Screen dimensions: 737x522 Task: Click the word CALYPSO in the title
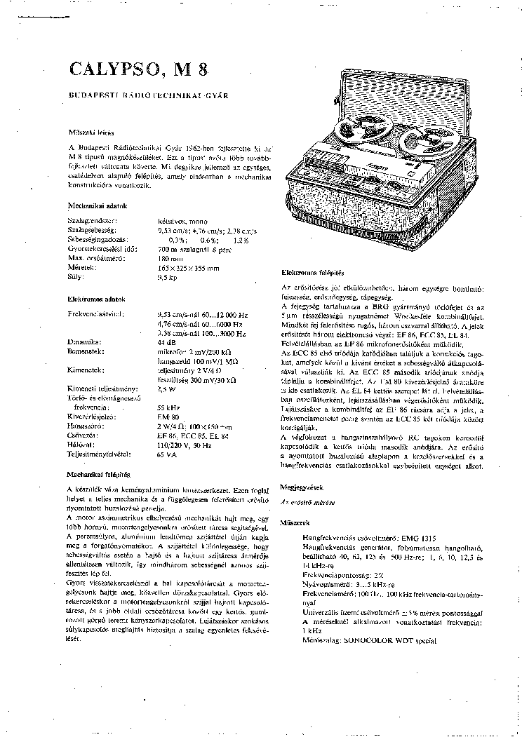(x=112, y=70)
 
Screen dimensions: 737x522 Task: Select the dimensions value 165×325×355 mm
(x=189, y=268)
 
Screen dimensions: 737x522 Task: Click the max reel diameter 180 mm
(x=170, y=259)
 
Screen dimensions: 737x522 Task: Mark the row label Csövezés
(x=83, y=435)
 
